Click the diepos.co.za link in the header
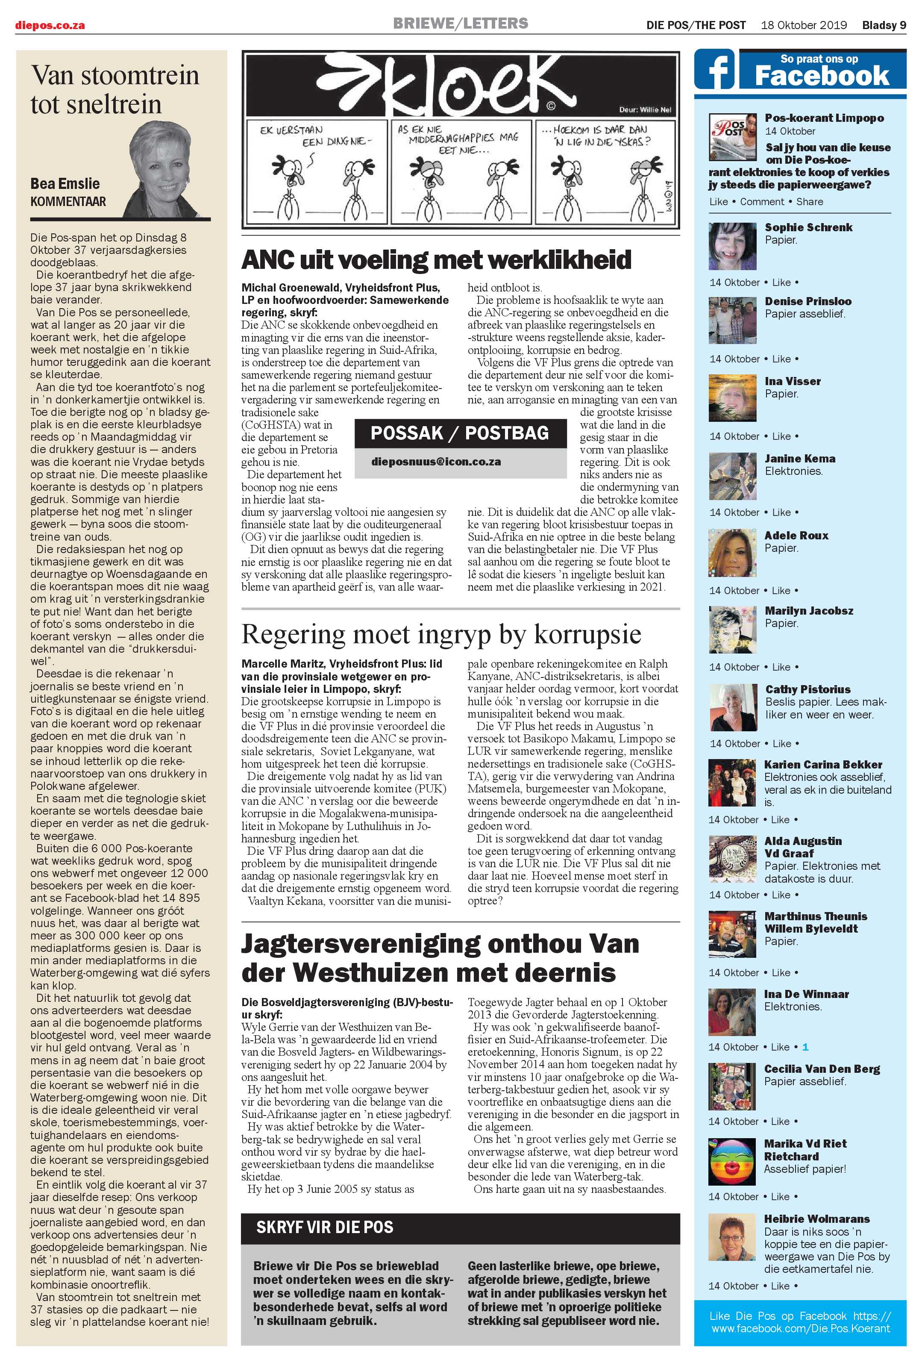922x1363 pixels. [x=50, y=25]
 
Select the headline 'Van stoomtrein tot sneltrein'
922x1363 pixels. [x=115, y=89]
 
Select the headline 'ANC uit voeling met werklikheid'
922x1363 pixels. [x=436, y=260]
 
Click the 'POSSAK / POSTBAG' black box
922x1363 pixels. [x=460, y=433]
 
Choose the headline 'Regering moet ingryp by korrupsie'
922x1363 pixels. [x=441, y=634]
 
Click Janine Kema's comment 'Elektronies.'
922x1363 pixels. [x=793, y=471]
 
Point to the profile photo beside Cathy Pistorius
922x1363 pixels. [x=732, y=707]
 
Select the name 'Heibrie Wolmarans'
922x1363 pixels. [x=816, y=1219]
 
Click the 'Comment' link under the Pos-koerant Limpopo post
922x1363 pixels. [x=761, y=202]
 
